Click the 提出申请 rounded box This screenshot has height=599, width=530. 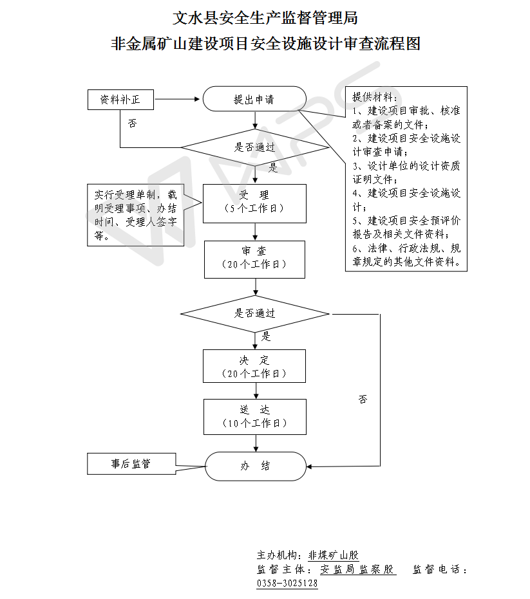tap(254, 99)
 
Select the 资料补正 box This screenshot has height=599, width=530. tap(120, 100)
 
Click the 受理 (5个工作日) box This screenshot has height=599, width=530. tap(254, 203)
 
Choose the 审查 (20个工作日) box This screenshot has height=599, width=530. tap(254, 259)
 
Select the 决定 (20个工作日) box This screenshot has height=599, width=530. tap(254, 366)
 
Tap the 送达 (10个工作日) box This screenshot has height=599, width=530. tap(254, 416)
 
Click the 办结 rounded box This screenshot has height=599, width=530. tap(256, 466)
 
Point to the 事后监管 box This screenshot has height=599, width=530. tap(122, 464)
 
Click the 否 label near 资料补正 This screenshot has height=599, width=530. tap(132, 122)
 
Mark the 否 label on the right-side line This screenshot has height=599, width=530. tap(363, 399)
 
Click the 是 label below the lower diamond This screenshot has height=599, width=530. tap(266, 336)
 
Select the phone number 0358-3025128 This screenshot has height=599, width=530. tap(287, 584)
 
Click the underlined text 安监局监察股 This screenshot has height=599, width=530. tap(357, 569)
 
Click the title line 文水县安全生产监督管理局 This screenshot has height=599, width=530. tap(265, 18)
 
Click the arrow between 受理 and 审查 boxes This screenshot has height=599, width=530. tap(256, 232)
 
